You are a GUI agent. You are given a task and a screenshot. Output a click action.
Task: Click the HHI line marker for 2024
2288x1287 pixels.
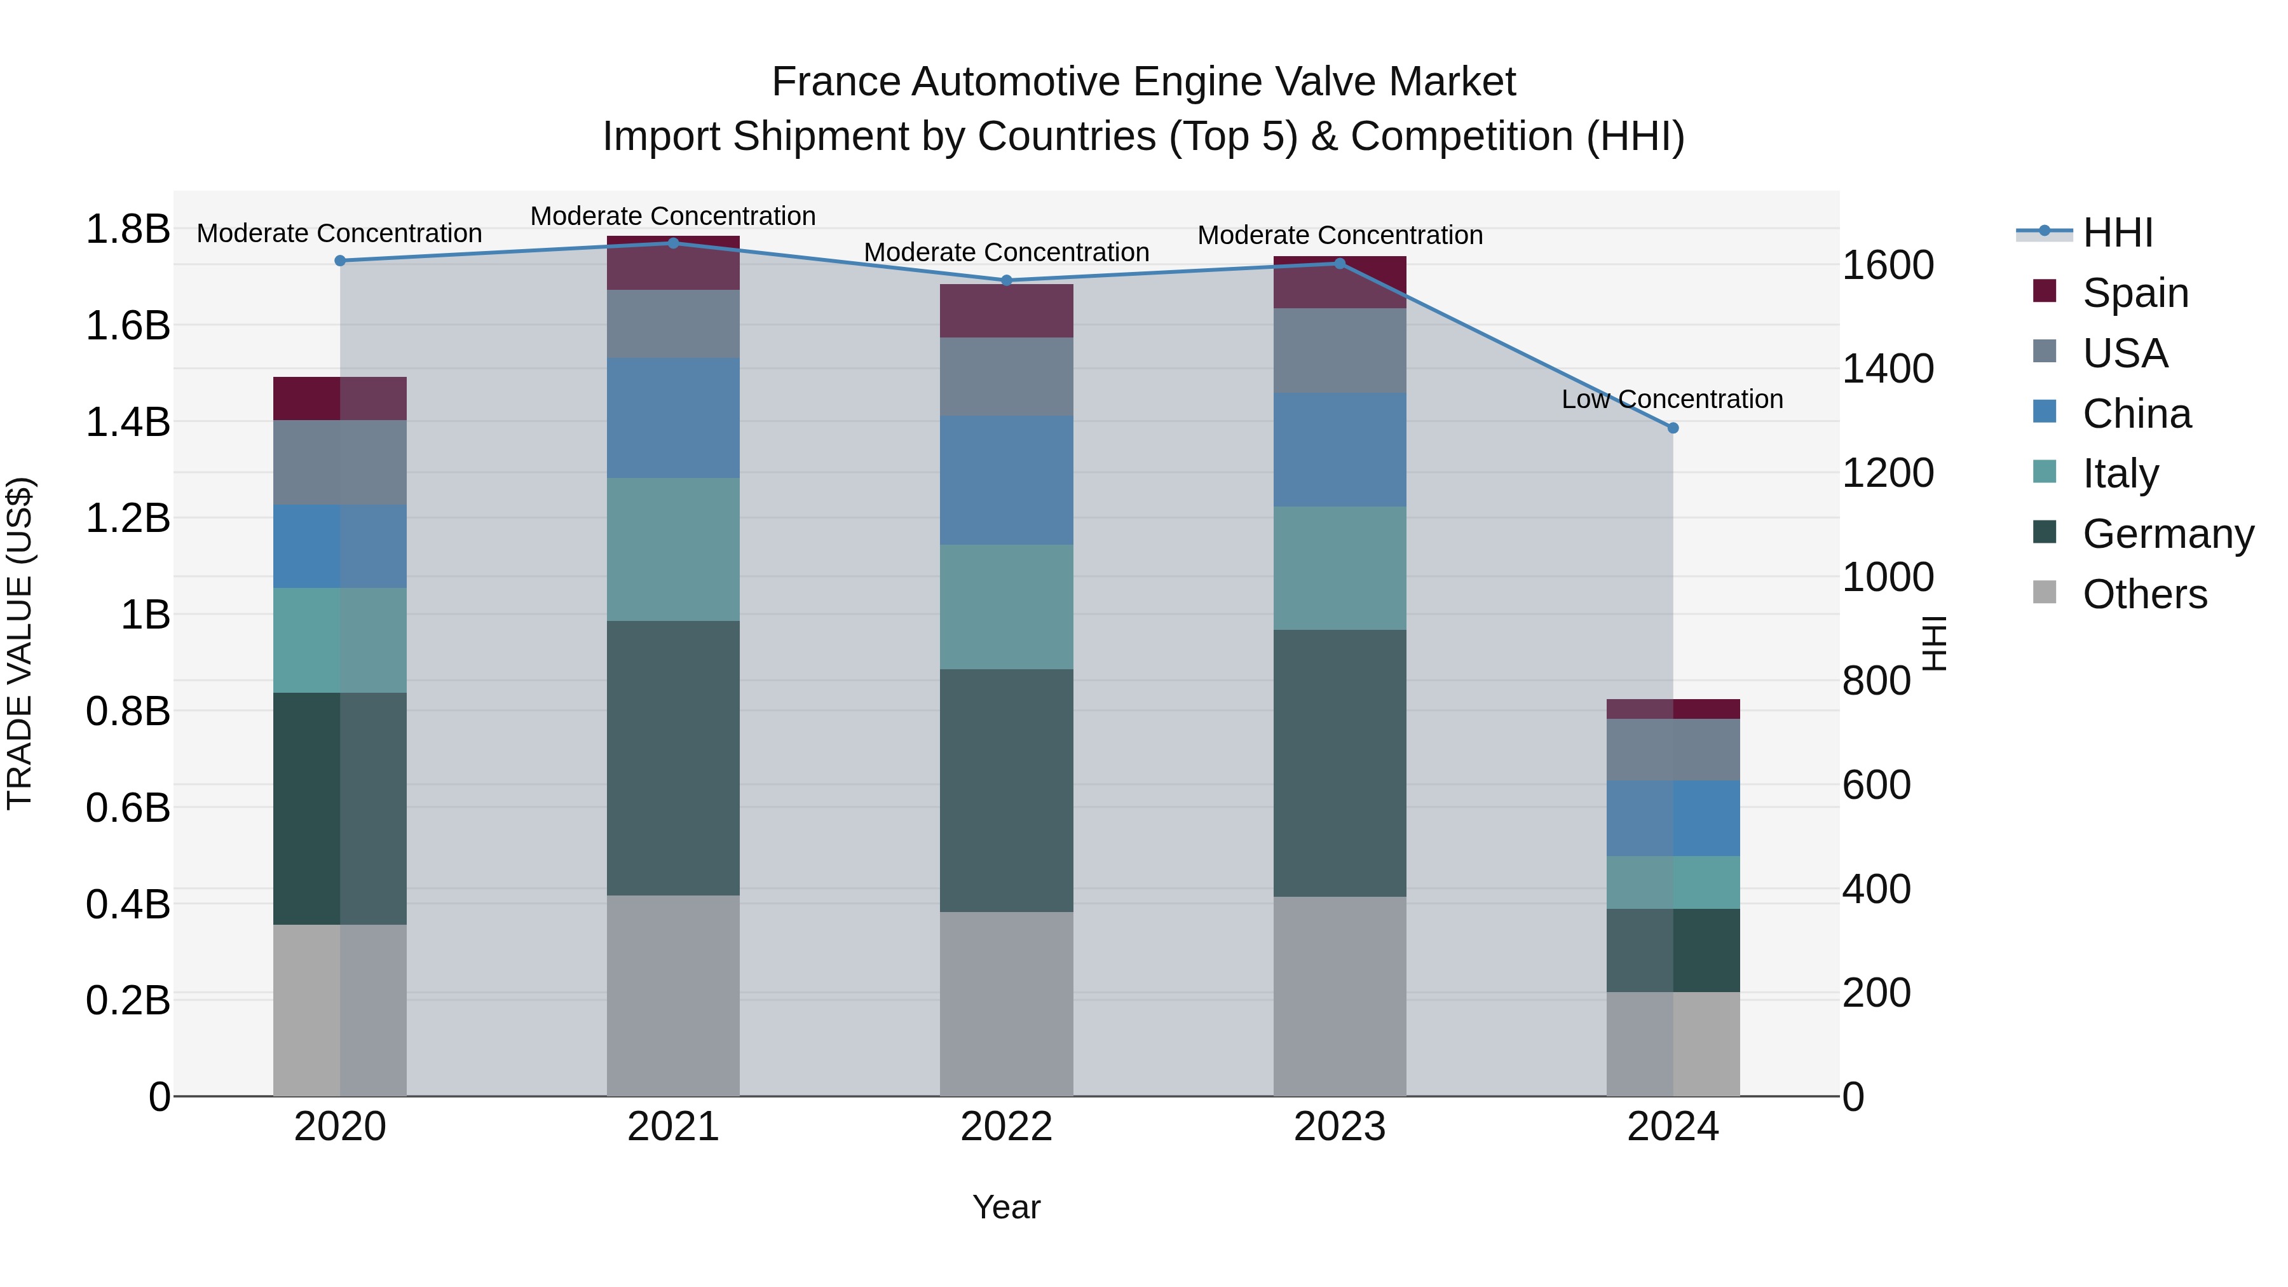pos(1673,428)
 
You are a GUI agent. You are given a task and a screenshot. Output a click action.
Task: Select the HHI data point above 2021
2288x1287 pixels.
pos(673,243)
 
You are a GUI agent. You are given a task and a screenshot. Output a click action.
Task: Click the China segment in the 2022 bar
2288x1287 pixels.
pos(1006,480)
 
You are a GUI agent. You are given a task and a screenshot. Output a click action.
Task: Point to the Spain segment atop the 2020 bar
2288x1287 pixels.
pos(339,398)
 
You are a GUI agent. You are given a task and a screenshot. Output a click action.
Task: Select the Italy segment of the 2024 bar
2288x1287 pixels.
pos(1673,882)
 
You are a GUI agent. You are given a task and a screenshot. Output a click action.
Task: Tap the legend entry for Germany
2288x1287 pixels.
pos(2167,534)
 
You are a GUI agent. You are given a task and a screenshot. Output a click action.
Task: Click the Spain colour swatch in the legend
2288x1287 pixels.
pos(2044,291)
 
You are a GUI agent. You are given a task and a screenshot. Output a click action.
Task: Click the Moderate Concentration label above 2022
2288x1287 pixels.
pos(1006,252)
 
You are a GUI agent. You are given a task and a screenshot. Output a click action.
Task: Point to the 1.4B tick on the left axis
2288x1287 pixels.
pos(127,422)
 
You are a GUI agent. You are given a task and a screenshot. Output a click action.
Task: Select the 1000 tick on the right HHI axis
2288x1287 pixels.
pos(1888,577)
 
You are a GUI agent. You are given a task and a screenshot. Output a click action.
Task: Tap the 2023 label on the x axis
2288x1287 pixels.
pos(1339,1127)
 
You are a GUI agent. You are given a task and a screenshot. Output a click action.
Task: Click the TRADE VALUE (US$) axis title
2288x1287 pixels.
pos(20,643)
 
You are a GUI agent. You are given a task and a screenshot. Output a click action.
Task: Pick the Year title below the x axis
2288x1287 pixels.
pos(1006,1207)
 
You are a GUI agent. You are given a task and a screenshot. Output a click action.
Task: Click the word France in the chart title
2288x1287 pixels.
pos(836,82)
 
